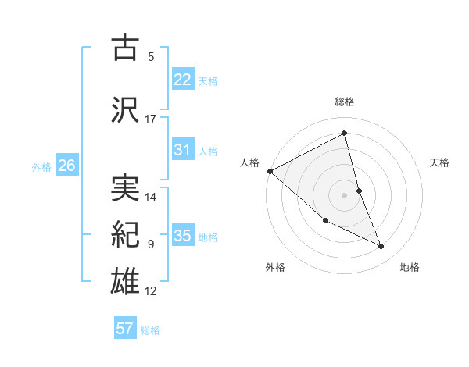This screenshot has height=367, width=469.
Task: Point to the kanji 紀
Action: pos(126,233)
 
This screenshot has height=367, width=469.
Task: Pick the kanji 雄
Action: pos(126,280)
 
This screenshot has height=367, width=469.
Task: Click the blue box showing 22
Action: pos(183,79)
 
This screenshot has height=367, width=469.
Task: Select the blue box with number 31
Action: pos(183,150)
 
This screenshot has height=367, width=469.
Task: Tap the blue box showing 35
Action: pos(183,236)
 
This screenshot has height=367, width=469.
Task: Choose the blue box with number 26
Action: pos(67,165)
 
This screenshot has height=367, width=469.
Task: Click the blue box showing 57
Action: pos(125,329)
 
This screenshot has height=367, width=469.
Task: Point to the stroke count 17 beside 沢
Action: pos(151,119)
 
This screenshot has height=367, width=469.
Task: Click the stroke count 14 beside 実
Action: pos(151,198)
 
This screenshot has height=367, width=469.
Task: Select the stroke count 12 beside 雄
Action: pos(151,291)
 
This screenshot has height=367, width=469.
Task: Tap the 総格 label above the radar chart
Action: pos(344,102)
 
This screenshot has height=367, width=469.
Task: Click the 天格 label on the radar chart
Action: pos(439,162)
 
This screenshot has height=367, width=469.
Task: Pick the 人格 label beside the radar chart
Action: pos(249,162)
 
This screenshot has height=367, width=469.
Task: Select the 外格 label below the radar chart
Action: pos(275,267)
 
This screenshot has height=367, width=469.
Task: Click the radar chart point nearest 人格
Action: pos(270,171)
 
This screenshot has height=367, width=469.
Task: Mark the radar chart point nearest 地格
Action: pos(381,247)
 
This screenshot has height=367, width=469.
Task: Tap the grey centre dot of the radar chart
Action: pos(344,194)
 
